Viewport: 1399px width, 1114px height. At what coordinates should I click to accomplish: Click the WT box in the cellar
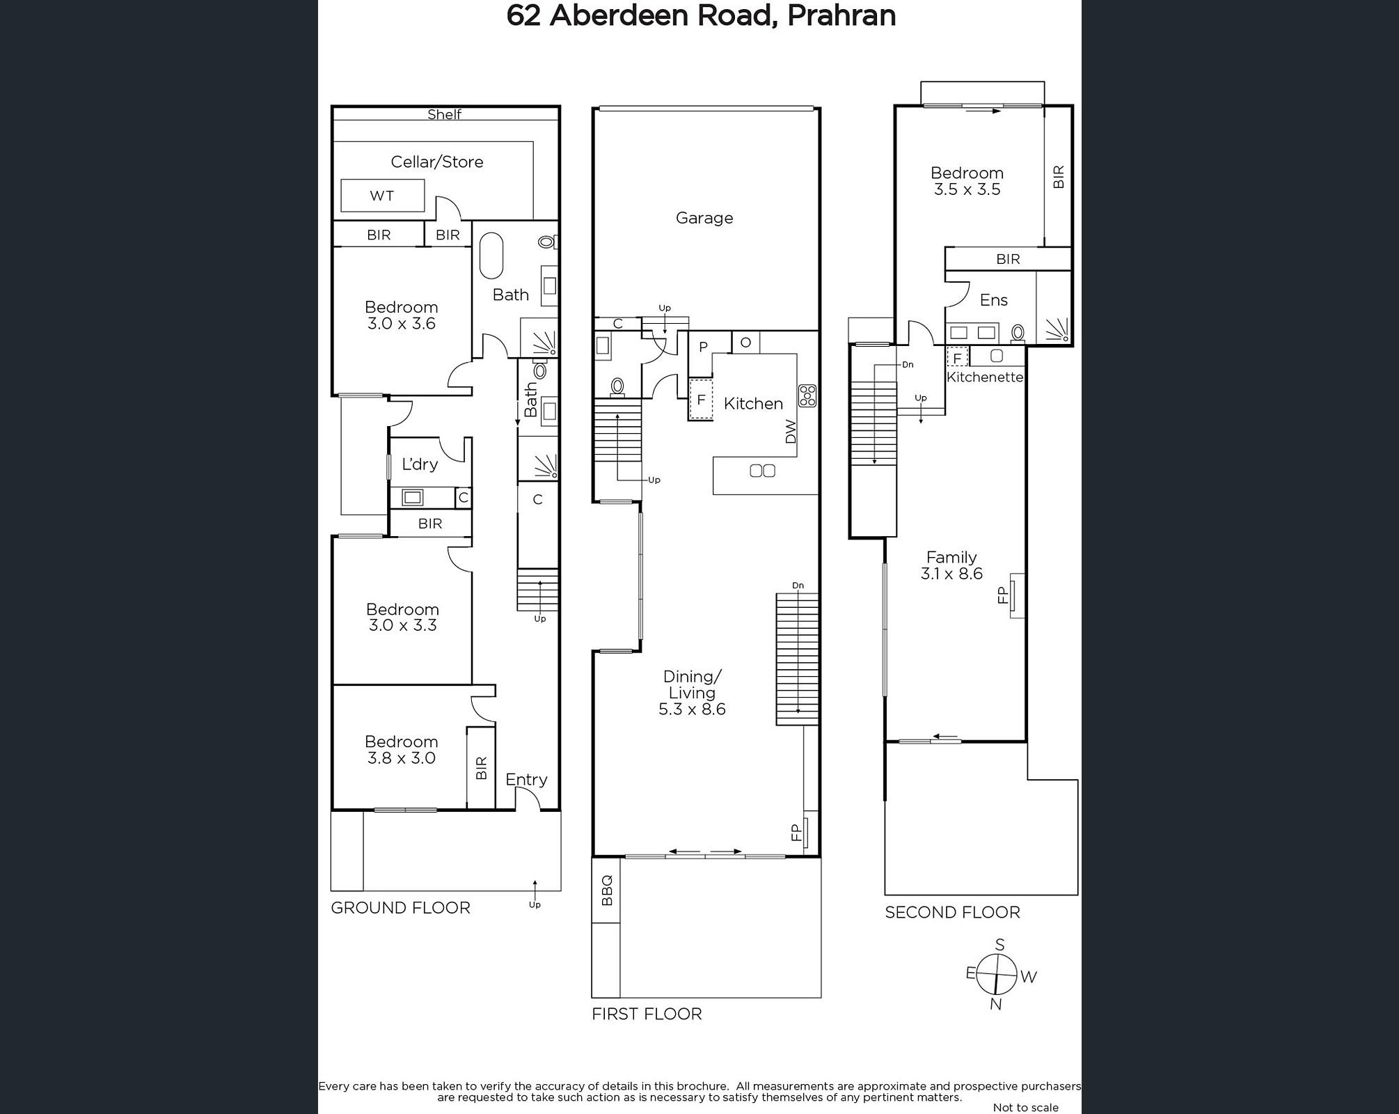coord(382,196)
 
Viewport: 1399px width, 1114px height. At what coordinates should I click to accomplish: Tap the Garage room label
coord(704,218)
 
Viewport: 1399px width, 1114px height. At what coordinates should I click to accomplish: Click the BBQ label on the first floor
coord(606,891)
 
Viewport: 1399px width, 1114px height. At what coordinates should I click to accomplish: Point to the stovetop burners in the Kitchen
coord(807,395)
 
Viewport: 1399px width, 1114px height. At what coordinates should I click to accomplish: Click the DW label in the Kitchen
coord(790,432)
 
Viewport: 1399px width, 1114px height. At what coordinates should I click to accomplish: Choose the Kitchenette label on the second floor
coord(985,377)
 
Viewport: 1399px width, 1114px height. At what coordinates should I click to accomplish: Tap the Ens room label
coord(994,300)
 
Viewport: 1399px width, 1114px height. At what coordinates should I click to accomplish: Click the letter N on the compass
coord(996,1004)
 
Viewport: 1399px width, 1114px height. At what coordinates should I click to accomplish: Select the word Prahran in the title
coord(841,15)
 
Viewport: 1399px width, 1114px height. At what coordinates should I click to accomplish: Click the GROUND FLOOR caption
coord(400,908)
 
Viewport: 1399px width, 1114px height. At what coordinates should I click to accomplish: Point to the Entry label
coord(526,780)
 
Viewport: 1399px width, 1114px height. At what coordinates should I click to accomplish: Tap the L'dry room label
coord(420,464)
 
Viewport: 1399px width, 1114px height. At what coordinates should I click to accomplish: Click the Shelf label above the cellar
coord(444,114)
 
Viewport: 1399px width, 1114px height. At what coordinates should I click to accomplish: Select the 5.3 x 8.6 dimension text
coord(692,709)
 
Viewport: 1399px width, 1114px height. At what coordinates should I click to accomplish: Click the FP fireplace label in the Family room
coord(1003,595)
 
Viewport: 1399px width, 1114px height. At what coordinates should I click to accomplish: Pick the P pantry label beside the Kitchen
coord(703,347)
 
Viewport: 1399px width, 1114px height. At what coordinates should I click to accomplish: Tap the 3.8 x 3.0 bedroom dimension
coord(402,758)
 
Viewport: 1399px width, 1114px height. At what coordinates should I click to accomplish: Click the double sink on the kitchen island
coord(762,471)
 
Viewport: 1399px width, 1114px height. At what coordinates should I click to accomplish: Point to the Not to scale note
coord(1026,1107)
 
